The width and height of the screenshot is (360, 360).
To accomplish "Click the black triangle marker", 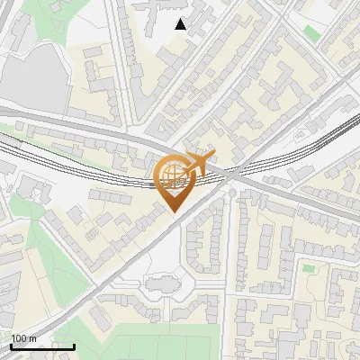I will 181,24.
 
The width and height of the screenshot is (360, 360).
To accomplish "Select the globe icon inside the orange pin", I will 171,175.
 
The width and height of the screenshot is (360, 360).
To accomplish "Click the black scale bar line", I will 42,346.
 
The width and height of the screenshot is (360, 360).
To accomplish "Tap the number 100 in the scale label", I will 20,338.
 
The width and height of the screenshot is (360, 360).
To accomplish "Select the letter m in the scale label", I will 34,338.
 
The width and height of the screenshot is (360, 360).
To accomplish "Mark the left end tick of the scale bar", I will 11,345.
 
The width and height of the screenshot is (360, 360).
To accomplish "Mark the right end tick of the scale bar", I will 74,345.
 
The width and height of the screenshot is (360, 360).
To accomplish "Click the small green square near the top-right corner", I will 311,33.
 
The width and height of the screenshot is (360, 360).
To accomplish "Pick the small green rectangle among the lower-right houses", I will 309,267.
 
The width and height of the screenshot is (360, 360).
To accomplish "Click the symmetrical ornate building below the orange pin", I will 162,287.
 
